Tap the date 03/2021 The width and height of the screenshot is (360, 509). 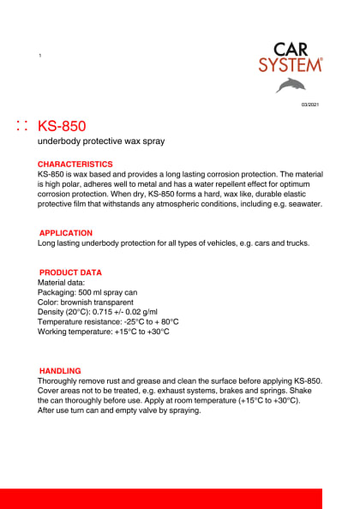click(309, 105)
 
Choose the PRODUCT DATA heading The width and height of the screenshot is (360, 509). click(70, 272)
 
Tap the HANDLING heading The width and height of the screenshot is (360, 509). click(60, 371)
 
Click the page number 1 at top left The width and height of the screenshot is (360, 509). click(40, 56)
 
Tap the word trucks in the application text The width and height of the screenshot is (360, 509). click(292, 243)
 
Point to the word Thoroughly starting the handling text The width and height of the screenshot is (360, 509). click(60, 380)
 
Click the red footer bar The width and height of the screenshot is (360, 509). click(161, 498)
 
